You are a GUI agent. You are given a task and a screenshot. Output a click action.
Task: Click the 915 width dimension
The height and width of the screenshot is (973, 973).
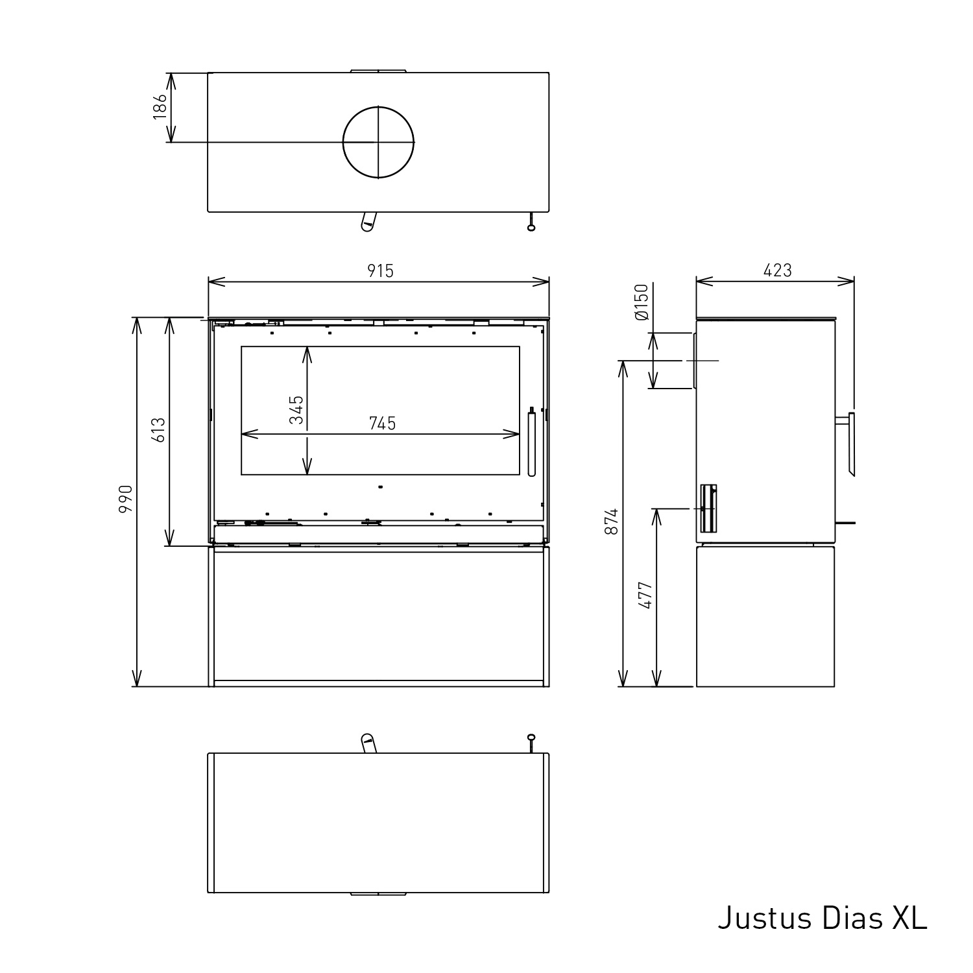coord(380,270)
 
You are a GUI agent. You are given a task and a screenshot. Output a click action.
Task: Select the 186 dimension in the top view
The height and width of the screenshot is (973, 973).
coord(160,107)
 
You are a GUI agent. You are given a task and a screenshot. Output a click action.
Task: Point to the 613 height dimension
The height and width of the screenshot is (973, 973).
coord(159,430)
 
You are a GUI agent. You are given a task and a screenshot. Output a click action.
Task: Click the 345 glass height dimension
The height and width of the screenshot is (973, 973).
coord(296,409)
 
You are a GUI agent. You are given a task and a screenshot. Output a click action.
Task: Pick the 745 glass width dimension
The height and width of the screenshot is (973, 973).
coord(382,424)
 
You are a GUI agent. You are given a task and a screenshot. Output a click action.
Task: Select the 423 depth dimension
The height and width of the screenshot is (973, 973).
coord(777,270)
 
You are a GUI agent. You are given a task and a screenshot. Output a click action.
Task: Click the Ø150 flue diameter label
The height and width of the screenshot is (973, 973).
coord(642,302)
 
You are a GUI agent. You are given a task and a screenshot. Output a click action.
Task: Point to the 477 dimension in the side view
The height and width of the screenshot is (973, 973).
coord(645,594)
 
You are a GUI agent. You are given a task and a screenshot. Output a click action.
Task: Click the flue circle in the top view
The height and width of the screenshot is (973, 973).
coord(378,142)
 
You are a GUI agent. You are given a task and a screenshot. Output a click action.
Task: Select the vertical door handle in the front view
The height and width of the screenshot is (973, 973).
coord(531,443)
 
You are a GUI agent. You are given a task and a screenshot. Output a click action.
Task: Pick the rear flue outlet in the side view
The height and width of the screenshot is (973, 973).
coord(694,361)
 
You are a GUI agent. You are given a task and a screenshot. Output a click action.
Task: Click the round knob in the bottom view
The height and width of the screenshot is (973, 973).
coord(531,738)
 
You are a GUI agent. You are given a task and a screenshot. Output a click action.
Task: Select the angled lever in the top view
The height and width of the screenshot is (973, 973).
coord(368,221)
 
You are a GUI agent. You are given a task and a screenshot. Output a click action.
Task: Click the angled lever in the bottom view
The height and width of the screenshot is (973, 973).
coord(368,743)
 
